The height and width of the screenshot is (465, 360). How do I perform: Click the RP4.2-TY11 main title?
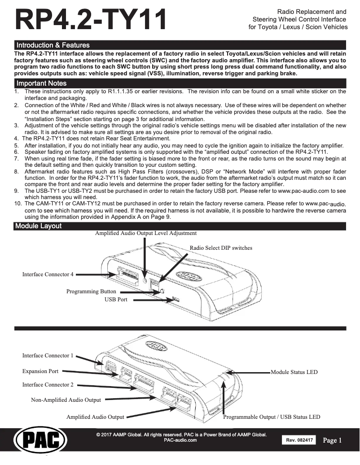(91, 20)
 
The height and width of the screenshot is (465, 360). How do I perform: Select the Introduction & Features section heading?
(53, 45)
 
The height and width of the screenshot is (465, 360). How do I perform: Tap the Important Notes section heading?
(41, 83)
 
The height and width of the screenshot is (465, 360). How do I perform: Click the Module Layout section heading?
(38, 226)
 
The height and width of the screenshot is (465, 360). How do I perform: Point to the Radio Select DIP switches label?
(221, 248)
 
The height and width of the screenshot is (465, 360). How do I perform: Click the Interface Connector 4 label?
(48, 274)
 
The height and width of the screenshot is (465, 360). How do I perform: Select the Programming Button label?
(91, 291)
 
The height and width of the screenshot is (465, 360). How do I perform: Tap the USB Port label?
(116, 299)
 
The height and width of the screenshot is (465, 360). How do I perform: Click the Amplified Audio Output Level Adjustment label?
(146, 234)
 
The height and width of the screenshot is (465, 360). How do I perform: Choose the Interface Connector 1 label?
(48, 356)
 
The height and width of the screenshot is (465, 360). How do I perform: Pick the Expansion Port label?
(40, 371)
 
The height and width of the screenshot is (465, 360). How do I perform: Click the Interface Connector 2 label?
(48, 385)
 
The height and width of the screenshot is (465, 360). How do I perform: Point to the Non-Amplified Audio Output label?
(66, 400)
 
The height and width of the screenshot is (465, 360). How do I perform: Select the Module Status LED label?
(294, 372)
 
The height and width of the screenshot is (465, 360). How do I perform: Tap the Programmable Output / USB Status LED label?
(272, 417)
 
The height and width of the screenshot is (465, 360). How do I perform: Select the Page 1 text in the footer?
(332, 440)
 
